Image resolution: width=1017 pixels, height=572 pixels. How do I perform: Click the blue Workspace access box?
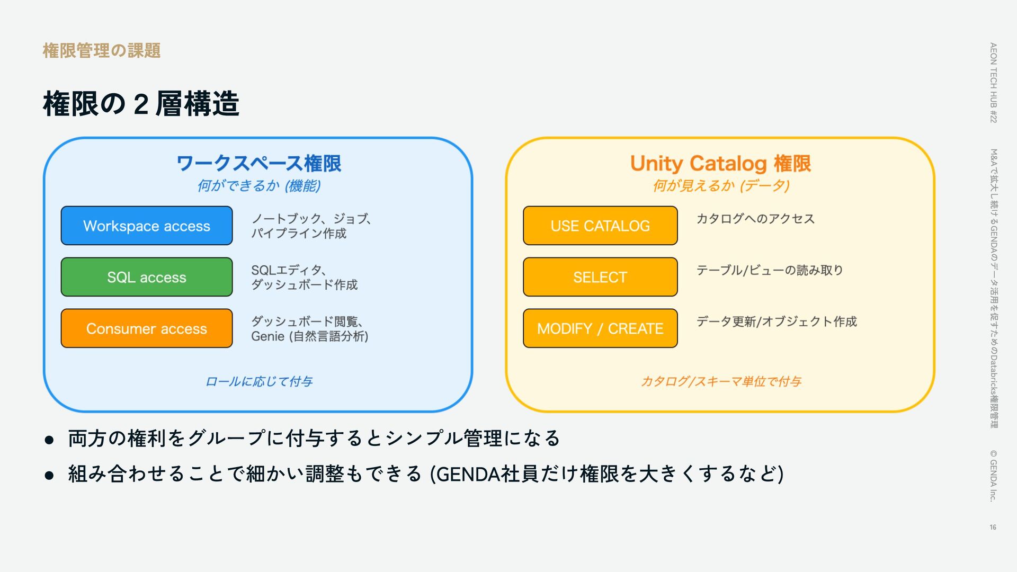[147, 226]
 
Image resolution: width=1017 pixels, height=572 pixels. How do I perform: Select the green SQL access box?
[147, 277]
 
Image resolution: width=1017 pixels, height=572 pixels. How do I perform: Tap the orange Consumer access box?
[147, 328]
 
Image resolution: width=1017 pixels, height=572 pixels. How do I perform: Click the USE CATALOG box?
[600, 226]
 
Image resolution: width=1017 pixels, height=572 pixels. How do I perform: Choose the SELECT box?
[600, 277]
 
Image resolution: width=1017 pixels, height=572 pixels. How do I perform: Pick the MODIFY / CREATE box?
[600, 328]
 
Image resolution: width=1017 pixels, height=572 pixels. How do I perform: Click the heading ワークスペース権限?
[258, 163]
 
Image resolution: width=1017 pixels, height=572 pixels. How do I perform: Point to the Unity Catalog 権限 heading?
[720, 163]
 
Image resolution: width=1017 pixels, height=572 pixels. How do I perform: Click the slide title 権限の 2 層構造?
[141, 103]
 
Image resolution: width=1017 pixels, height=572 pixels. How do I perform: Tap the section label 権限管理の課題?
[101, 51]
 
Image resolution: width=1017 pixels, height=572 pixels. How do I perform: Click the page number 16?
[993, 527]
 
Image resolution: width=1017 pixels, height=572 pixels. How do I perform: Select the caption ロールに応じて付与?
[258, 381]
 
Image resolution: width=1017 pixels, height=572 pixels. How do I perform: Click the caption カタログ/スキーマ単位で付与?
[720, 381]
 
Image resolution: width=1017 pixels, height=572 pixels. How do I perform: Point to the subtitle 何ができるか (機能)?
[258, 186]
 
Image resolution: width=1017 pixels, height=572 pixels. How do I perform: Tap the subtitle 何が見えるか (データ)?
[720, 186]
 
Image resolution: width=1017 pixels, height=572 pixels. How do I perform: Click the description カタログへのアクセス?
[755, 219]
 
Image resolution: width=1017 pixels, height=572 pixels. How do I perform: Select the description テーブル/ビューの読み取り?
[769, 270]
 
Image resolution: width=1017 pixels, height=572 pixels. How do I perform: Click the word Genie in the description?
[267, 336]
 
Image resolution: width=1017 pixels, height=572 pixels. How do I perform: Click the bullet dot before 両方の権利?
[49, 440]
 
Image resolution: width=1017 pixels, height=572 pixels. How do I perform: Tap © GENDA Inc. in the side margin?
[993, 475]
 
